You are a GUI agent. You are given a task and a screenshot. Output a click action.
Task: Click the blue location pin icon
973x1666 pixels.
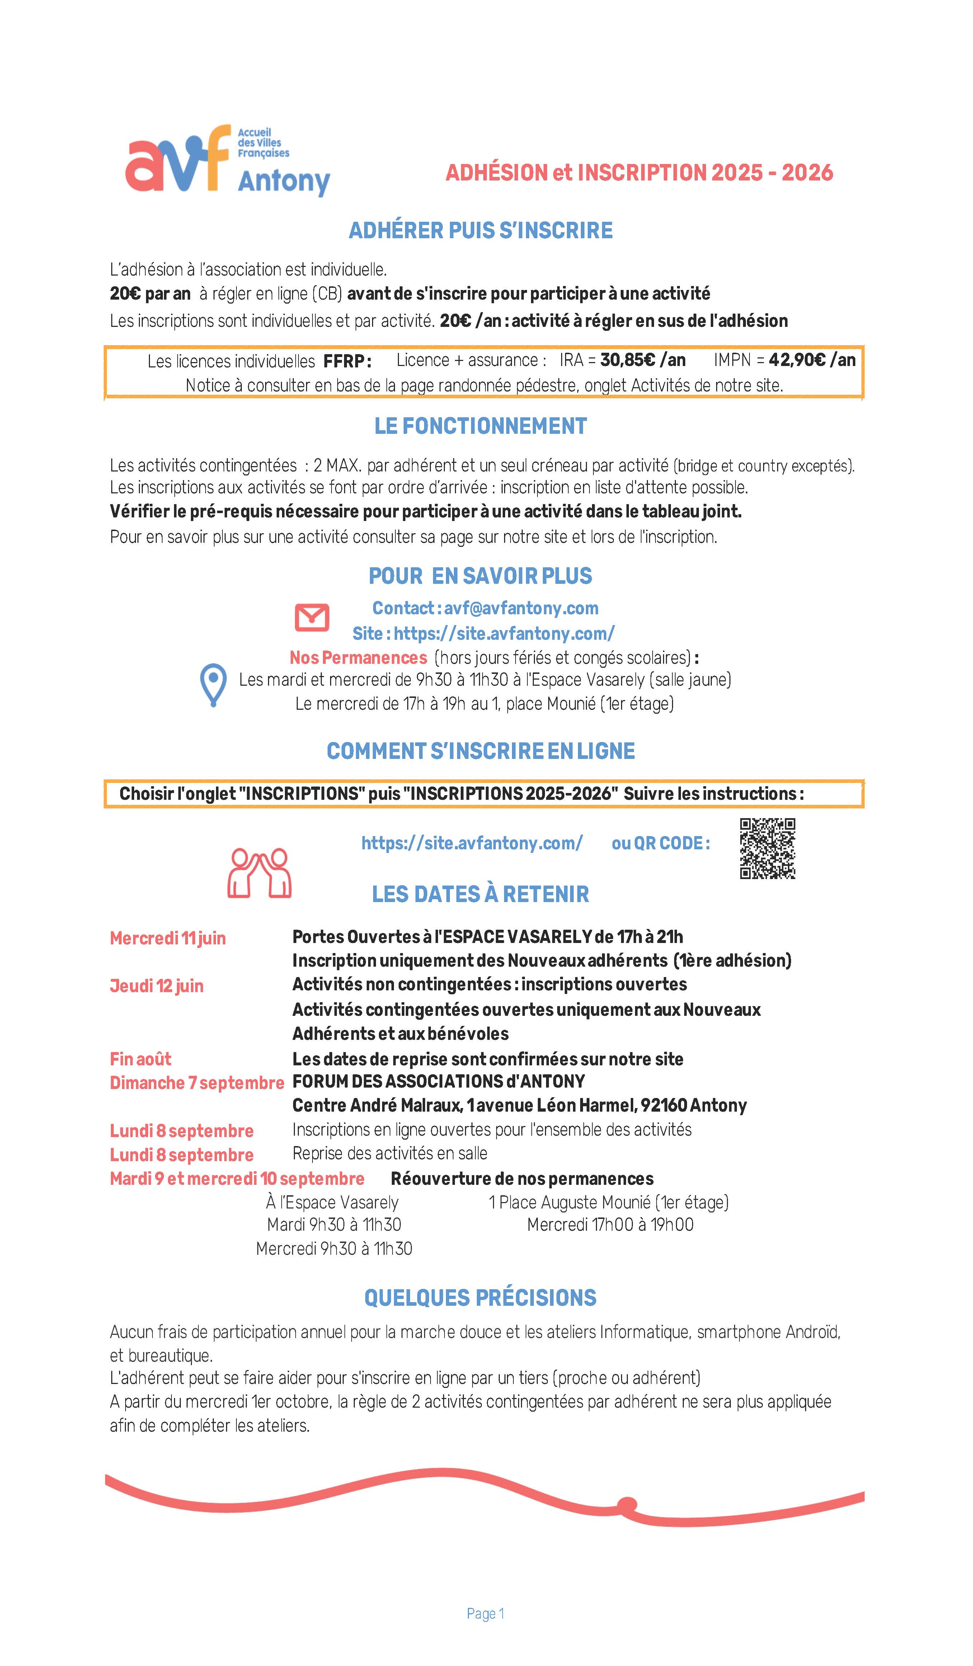213,685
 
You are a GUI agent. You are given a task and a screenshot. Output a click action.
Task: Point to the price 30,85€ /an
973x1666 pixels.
643,360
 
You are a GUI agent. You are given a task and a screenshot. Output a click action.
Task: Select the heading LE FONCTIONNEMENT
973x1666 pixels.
480,426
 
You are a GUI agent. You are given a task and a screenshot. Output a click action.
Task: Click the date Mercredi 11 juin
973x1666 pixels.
168,938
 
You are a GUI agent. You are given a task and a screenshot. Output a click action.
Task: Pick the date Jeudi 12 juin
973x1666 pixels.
157,986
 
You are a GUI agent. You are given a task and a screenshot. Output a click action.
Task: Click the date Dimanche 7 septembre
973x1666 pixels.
196,1083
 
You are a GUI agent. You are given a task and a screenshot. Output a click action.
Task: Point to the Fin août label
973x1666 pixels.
140,1059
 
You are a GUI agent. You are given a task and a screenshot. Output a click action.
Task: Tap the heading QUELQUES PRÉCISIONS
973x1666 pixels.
480,1298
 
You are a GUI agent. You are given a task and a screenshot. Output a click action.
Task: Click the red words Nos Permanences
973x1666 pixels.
358,658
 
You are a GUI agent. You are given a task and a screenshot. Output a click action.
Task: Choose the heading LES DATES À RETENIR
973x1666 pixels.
480,895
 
